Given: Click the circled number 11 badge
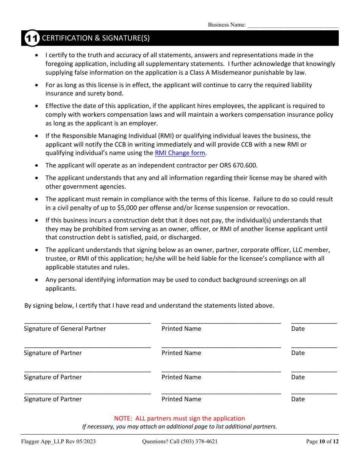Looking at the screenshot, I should pyautogui.click(x=32, y=38).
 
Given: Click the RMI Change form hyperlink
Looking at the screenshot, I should pyautogui.click(x=180, y=153).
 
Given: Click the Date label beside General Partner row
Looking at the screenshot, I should pyautogui.click(x=298, y=329).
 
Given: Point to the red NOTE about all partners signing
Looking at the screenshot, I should pyautogui.click(x=180, y=418).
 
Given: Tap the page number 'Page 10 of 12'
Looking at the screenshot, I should pyautogui.click(x=322, y=441).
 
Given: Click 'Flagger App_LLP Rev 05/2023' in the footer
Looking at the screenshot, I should pyautogui.click(x=58, y=441).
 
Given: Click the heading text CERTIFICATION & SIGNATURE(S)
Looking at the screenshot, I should pyautogui.click(x=95, y=38).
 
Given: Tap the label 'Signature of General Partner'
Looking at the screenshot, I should pyautogui.click(x=65, y=329).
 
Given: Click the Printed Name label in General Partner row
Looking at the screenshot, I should pyautogui.click(x=181, y=329).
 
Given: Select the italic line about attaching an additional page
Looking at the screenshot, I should pyautogui.click(x=180, y=427).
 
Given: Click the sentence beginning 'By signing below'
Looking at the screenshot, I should pyautogui.click(x=149, y=305).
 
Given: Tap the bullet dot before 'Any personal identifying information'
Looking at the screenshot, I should pyautogui.click(x=36, y=280).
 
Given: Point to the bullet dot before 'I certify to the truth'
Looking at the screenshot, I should pyautogui.click(x=36, y=55).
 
